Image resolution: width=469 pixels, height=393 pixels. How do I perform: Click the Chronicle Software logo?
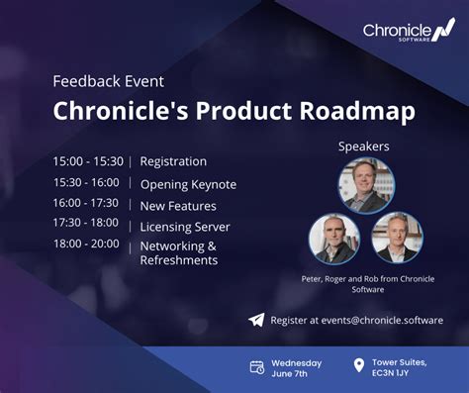pyautogui.click(x=408, y=33)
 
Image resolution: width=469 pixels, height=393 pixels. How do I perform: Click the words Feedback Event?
pyautogui.click(x=109, y=81)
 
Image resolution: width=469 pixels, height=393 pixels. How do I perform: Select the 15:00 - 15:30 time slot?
pyautogui.click(x=88, y=161)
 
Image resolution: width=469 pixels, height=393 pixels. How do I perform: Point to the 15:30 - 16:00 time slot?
pyautogui.click(x=86, y=183)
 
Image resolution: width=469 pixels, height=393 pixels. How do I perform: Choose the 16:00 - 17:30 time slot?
pyautogui.click(x=86, y=203)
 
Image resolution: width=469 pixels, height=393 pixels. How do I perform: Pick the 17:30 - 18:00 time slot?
pyautogui.click(x=86, y=224)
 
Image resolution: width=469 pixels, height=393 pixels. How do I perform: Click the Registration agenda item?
pyautogui.click(x=173, y=161)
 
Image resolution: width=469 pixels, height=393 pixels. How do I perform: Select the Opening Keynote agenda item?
pyautogui.click(x=188, y=184)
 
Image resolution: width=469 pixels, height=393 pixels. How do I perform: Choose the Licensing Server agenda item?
pyautogui.click(x=185, y=227)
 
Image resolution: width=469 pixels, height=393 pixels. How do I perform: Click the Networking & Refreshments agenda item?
pyautogui.click(x=178, y=253)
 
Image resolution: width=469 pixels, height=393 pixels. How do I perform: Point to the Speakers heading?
pyautogui.click(x=364, y=147)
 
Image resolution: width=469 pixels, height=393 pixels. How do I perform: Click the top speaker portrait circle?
pyautogui.click(x=366, y=185)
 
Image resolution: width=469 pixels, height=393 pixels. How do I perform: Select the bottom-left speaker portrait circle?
pyautogui.click(x=334, y=238)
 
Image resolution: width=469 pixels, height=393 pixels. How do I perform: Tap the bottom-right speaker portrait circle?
pyautogui.click(x=397, y=238)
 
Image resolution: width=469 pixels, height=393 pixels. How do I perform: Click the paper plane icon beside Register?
pyautogui.click(x=256, y=320)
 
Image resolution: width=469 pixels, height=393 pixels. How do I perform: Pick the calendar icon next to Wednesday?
pyautogui.click(x=257, y=367)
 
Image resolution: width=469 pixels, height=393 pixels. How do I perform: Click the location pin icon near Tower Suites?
pyautogui.click(x=358, y=367)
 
